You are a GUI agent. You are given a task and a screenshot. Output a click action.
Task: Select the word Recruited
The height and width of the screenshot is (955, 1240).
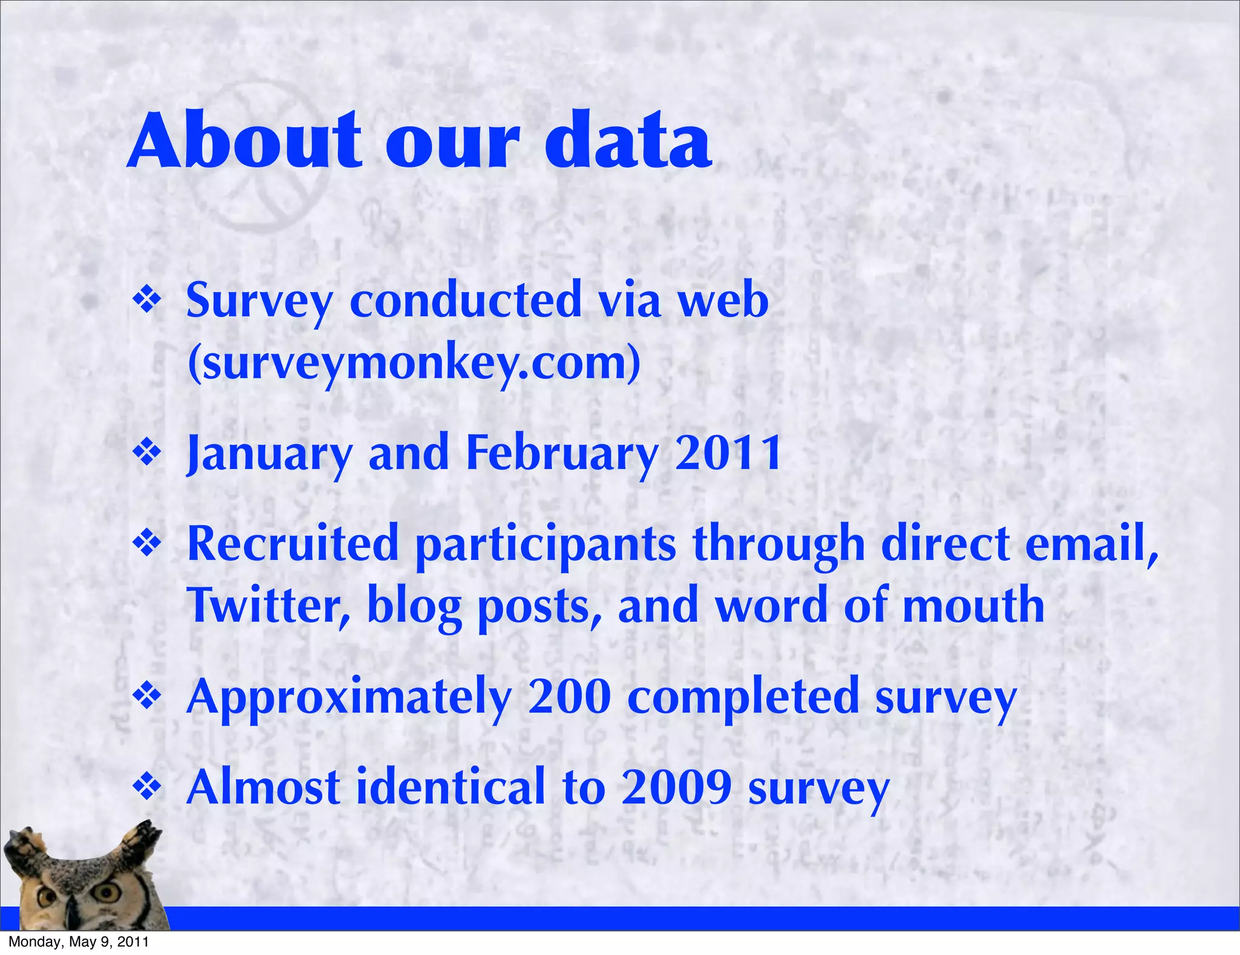[293, 544]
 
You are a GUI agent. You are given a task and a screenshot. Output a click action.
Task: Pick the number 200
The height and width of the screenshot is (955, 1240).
[569, 697]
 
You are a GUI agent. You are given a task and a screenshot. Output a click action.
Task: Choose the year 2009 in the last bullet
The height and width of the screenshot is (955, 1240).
[676, 787]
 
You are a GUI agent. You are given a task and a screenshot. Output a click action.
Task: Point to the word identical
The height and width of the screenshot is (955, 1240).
[451, 787]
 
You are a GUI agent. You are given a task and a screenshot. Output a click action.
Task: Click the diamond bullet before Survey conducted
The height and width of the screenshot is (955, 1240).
[147, 300]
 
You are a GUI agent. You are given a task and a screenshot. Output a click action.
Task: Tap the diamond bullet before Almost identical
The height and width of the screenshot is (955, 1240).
[147, 787]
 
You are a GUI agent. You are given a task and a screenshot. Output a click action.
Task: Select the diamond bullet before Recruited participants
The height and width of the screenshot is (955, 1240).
[147, 543]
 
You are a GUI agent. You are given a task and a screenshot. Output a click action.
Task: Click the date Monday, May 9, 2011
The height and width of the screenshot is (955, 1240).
[79, 942]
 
